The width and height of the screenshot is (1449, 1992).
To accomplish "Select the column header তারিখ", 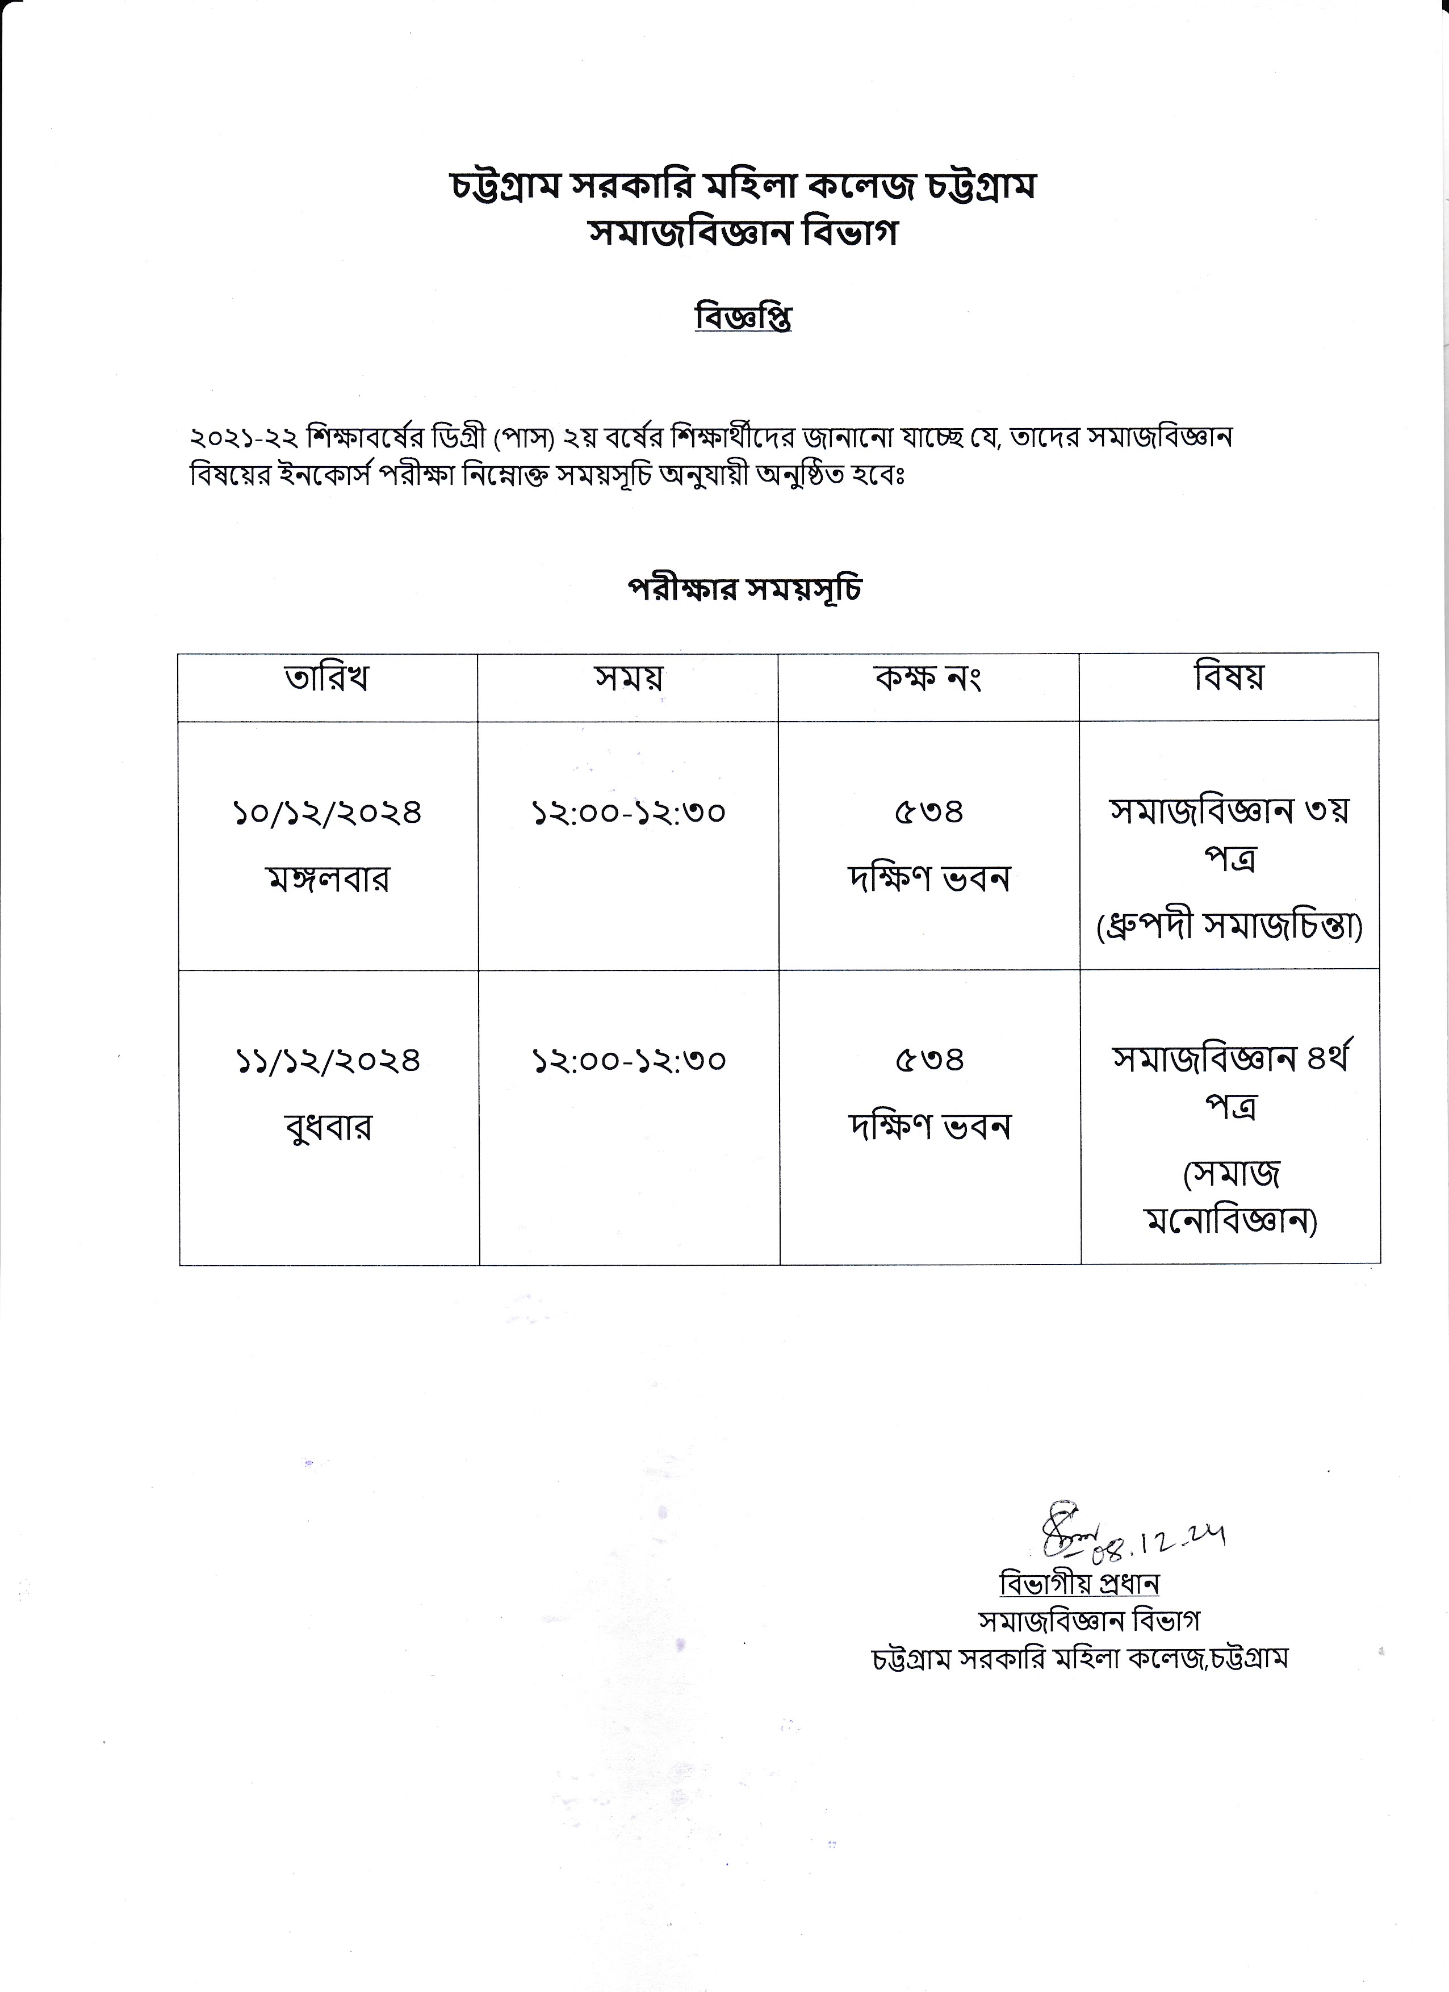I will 326,678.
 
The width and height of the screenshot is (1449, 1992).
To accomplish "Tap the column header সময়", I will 628,678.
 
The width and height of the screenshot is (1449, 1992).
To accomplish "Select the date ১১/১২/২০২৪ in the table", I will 328,1061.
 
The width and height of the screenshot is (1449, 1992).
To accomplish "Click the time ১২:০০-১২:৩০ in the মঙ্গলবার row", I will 629,813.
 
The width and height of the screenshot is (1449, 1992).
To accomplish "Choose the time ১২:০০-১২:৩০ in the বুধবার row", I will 629,1061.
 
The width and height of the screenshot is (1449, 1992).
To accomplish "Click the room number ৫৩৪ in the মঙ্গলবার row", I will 929,813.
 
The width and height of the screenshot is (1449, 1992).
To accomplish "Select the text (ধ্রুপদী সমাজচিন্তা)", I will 1229,927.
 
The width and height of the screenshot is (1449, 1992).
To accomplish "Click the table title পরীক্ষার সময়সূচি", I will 744,588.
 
